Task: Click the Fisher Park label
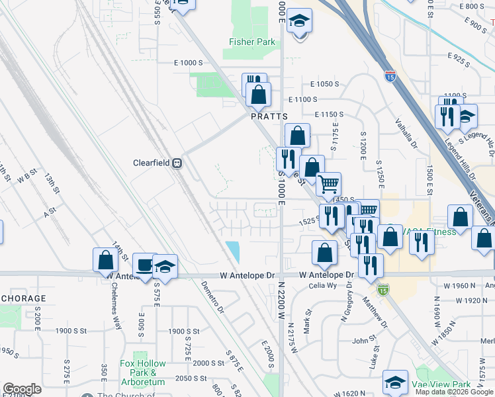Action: (251, 42)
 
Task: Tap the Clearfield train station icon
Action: (177, 163)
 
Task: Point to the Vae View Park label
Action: (441, 385)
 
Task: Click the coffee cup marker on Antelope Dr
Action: (144, 264)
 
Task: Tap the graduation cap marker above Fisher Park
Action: (300, 21)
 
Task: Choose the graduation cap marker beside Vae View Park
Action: (395, 382)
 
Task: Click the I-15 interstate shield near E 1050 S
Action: (390, 76)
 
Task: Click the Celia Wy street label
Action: (323, 286)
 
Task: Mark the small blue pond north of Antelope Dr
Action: (233, 251)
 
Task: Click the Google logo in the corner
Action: (22, 389)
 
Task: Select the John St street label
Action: (364, 340)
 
